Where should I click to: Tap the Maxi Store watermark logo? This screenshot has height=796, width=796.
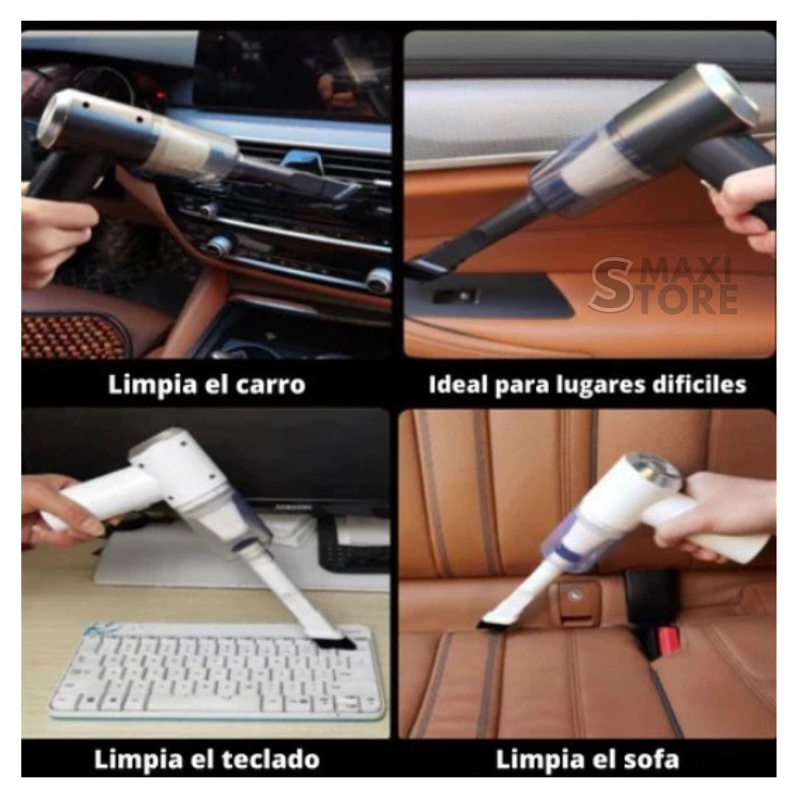(x=663, y=284)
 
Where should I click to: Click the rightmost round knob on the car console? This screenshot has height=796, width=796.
(x=380, y=281)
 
